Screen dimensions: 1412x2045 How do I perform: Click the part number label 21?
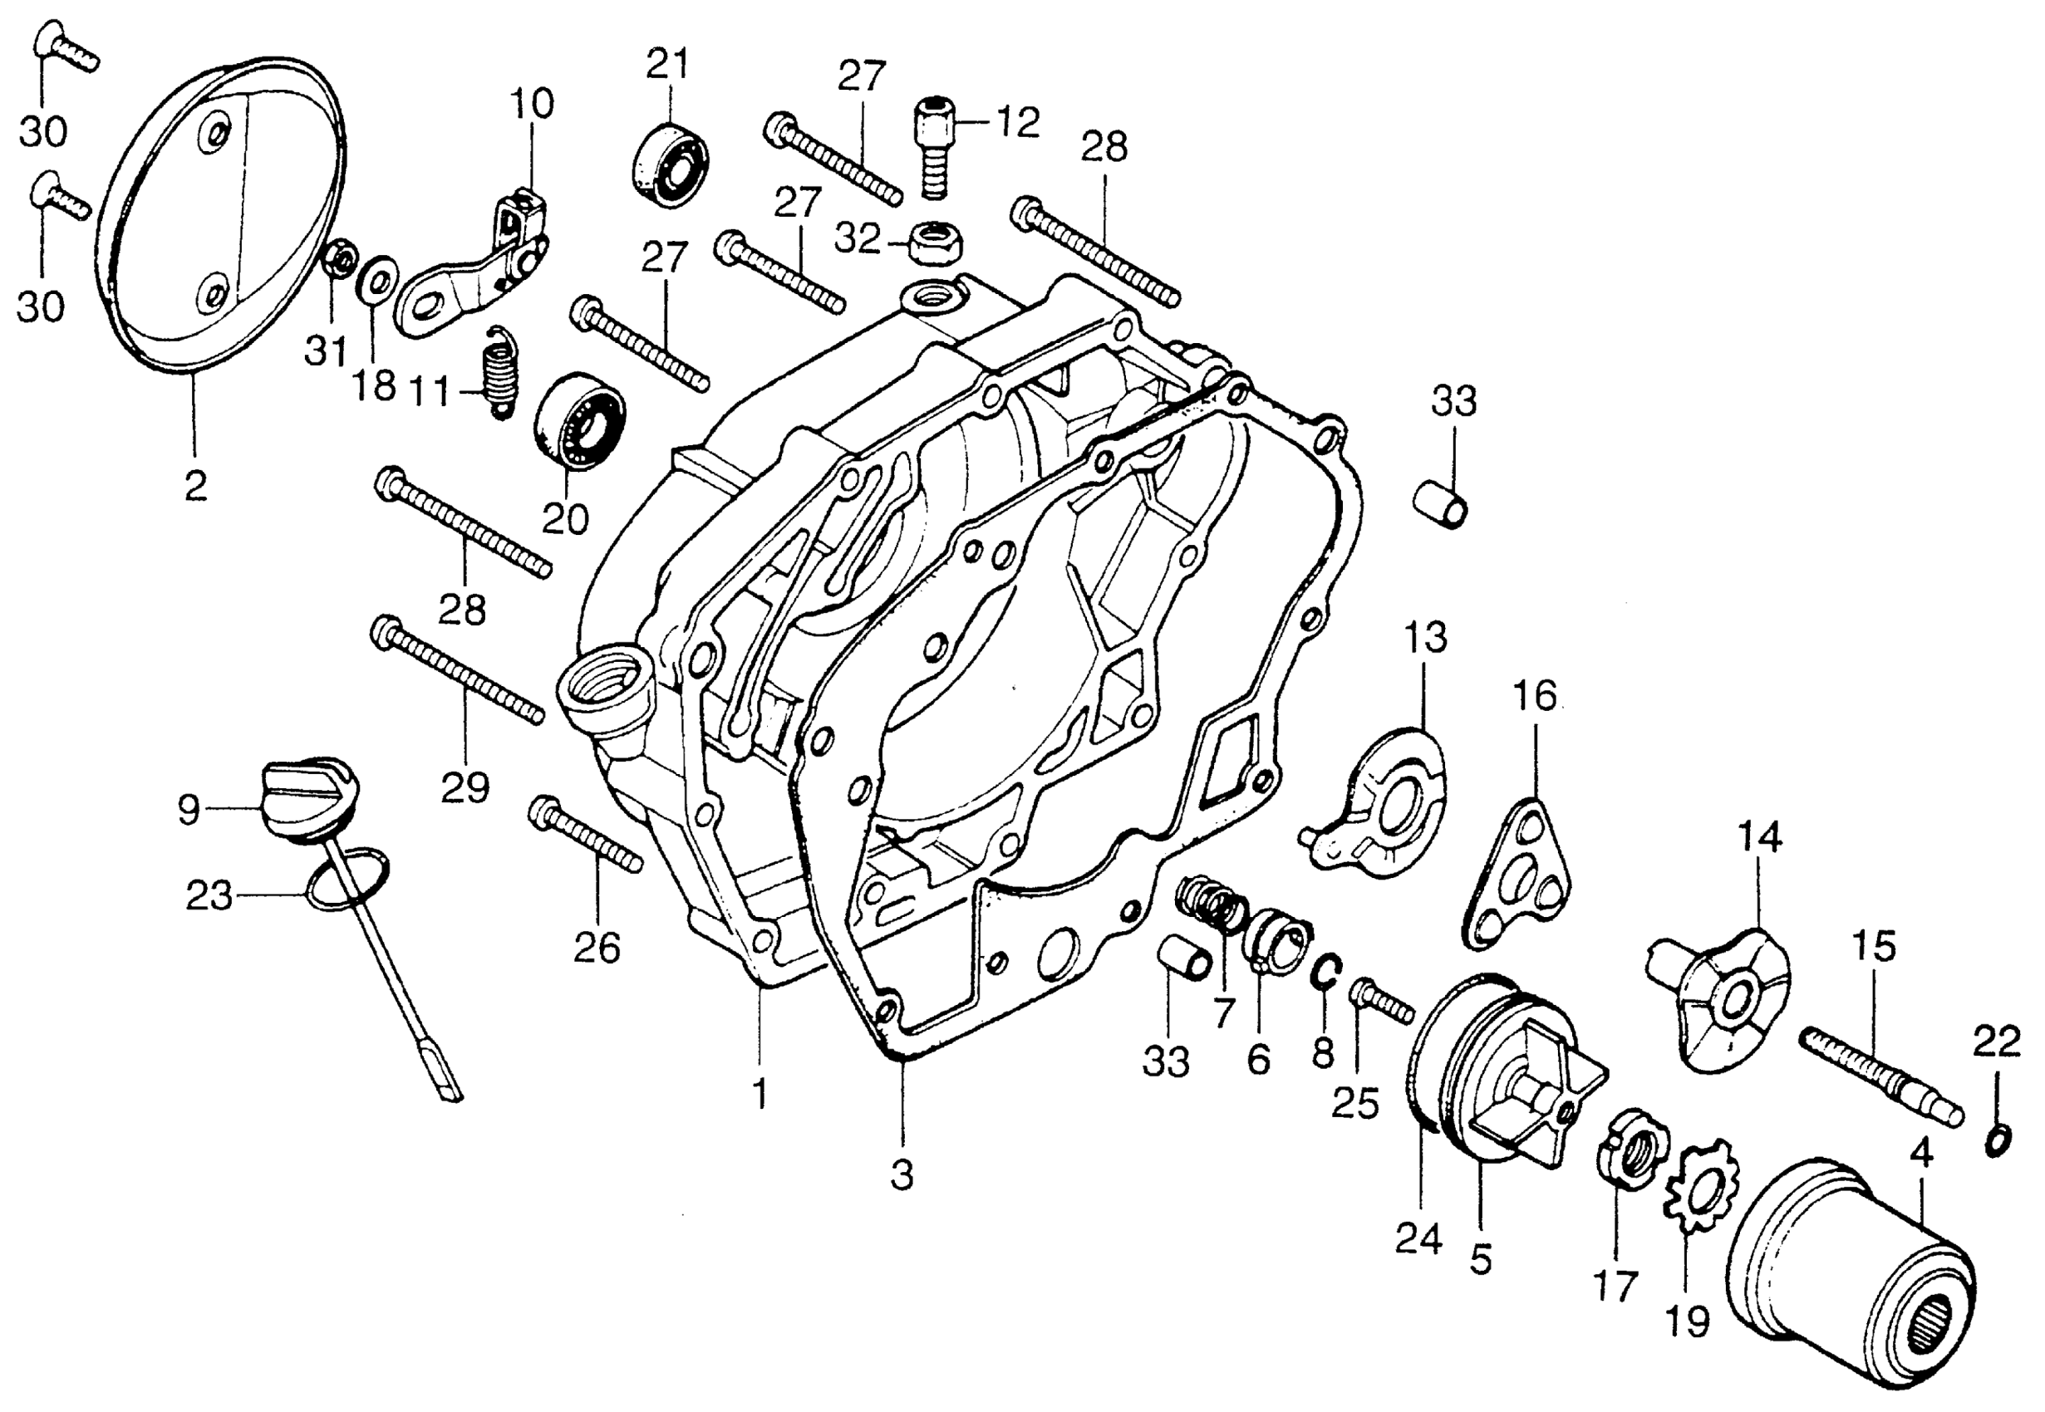(667, 64)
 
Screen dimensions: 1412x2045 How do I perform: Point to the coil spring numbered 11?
(502, 371)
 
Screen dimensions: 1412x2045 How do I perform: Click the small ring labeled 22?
(1996, 1142)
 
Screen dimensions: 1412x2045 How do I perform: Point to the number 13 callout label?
(1425, 637)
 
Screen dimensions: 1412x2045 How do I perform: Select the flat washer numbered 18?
(377, 281)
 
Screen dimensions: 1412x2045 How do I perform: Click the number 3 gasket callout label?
(902, 1176)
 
